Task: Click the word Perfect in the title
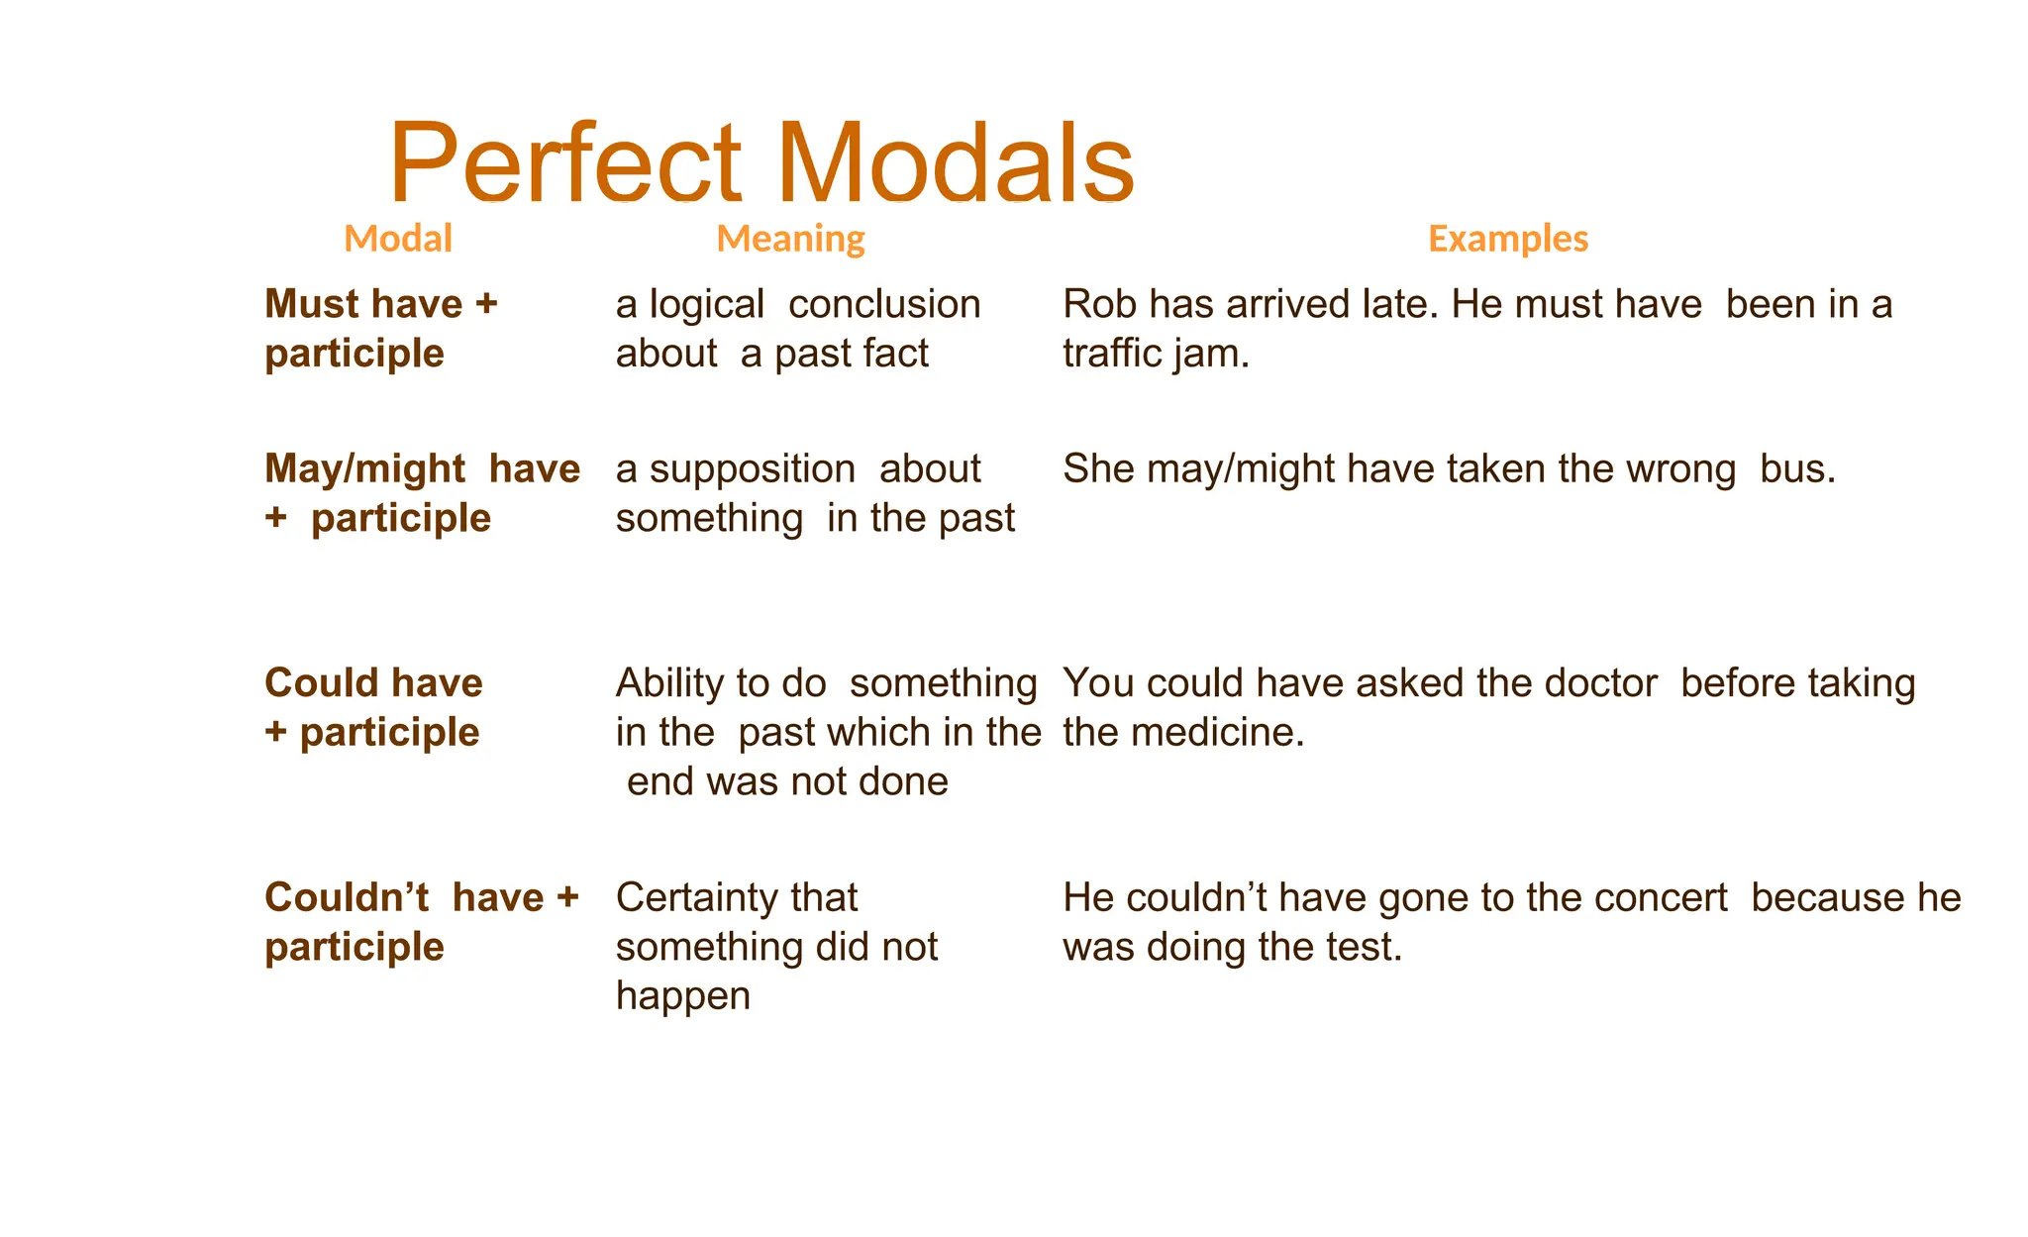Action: pyautogui.click(x=564, y=163)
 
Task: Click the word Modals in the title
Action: pyautogui.click(x=956, y=163)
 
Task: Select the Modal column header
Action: pyautogui.click(x=397, y=239)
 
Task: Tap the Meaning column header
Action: pyautogui.click(x=790, y=239)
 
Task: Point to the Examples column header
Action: pyautogui.click(x=1507, y=239)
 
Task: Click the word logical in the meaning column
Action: pyautogui.click(x=706, y=305)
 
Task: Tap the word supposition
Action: pyautogui.click(x=752, y=469)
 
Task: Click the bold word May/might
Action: pyautogui.click(x=364, y=469)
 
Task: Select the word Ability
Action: pyautogui.click(x=669, y=683)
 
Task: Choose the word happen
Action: pyautogui.click(x=682, y=996)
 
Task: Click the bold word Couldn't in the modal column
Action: pyautogui.click(x=347, y=898)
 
